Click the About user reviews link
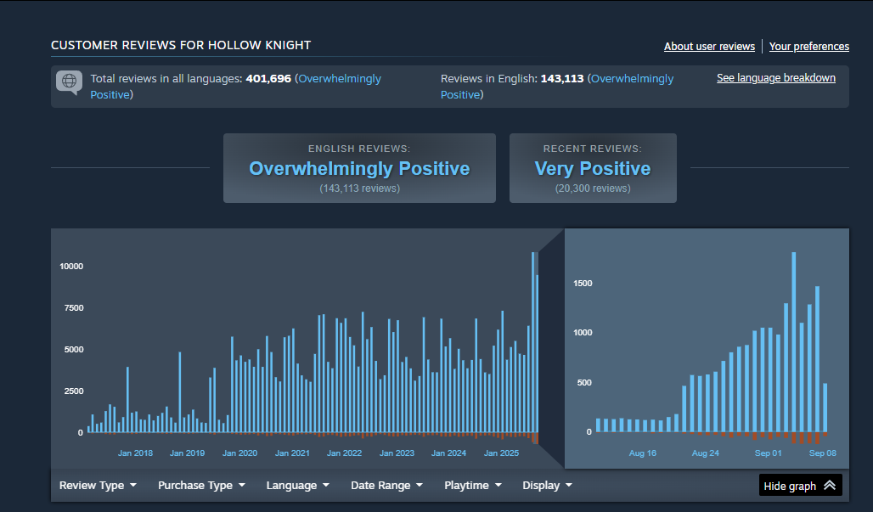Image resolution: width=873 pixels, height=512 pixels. [x=709, y=47]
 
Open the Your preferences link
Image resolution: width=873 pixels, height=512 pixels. [x=808, y=47]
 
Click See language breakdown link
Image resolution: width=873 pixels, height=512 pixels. [x=775, y=78]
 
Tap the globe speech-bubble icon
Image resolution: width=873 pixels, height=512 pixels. [x=69, y=82]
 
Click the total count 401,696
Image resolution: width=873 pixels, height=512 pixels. [x=268, y=79]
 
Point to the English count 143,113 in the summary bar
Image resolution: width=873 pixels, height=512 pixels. [x=562, y=79]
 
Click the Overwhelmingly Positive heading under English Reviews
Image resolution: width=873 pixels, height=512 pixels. [x=359, y=169]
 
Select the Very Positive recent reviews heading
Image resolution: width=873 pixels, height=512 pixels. [x=593, y=169]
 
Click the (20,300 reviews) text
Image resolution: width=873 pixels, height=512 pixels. [x=593, y=188]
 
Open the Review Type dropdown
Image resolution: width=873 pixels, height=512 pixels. [x=98, y=486]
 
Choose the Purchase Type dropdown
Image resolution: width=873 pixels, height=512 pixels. [x=201, y=486]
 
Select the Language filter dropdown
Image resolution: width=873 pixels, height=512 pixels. [x=297, y=486]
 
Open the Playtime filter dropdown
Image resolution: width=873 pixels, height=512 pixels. [x=472, y=486]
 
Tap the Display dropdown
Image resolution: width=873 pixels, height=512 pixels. [x=547, y=486]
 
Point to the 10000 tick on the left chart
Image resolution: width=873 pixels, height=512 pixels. [x=71, y=267]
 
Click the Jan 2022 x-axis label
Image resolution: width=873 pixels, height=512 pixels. [x=345, y=453]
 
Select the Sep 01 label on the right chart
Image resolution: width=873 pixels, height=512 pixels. [x=769, y=453]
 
